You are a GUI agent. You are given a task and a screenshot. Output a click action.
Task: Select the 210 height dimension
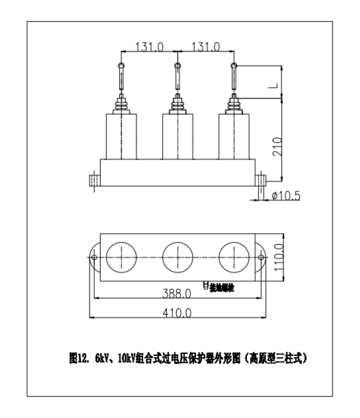(x=277, y=145)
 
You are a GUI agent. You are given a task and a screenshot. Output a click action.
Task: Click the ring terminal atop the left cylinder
(x=121, y=66)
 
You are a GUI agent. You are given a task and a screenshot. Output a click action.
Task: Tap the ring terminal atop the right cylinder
(x=234, y=66)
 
